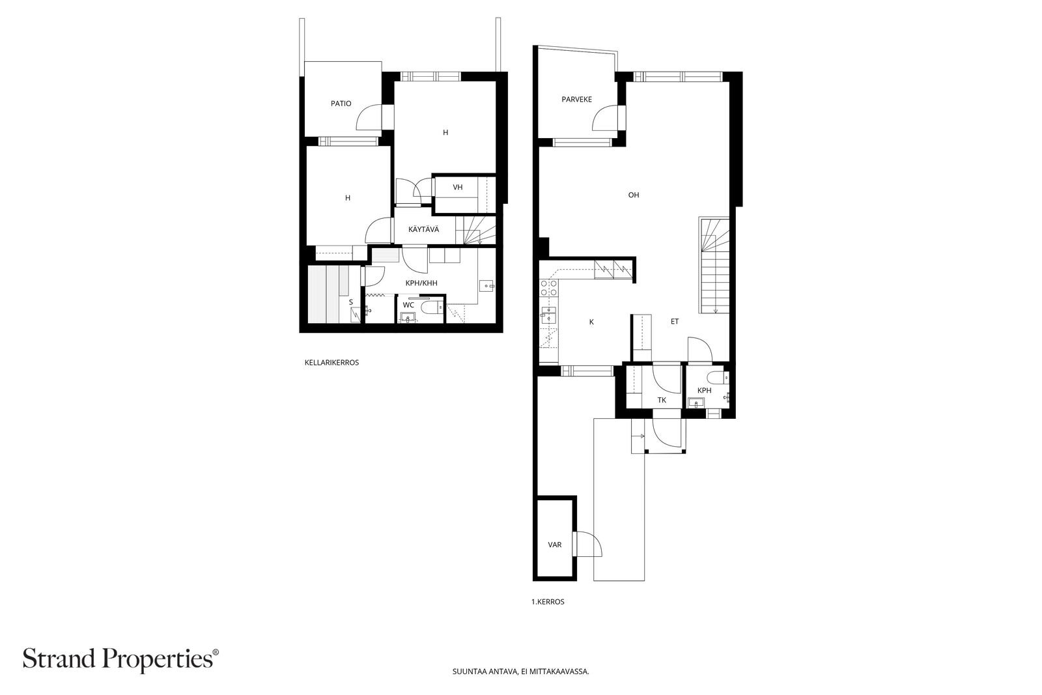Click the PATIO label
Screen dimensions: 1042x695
(x=341, y=104)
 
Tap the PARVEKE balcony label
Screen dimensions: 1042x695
(x=576, y=100)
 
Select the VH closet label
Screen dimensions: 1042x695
(x=458, y=188)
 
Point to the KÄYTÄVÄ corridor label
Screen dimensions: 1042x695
(x=423, y=229)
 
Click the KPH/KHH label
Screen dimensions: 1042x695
(x=421, y=283)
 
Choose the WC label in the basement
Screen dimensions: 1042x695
(x=408, y=305)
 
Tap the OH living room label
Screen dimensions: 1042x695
(x=634, y=195)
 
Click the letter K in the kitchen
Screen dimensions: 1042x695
(x=592, y=322)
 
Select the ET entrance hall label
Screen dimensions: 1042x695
(x=675, y=322)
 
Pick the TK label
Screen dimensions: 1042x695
(x=662, y=400)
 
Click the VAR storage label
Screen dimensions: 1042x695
(x=554, y=545)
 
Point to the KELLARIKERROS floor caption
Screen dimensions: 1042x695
(x=331, y=363)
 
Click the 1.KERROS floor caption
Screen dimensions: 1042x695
(x=548, y=602)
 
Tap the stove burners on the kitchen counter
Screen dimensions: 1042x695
(x=549, y=287)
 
